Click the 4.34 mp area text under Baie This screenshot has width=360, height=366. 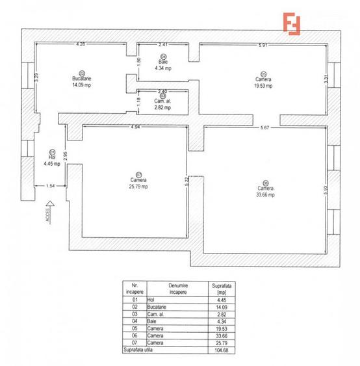click(x=162, y=68)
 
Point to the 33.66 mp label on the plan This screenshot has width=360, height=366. click(x=265, y=194)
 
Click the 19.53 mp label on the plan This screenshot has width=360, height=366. click(x=263, y=85)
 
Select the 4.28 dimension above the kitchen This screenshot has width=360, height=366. click(x=81, y=45)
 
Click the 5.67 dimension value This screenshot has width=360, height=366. click(x=264, y=127)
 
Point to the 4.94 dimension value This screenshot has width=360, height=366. click(x=136, y=127)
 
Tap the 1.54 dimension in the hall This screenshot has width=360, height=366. click(x=50, y=187)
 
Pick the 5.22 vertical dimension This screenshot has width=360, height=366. click(x=186, y=180)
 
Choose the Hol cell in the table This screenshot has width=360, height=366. click(x=153, y=300)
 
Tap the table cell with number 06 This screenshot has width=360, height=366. click(x=135, y=335)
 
